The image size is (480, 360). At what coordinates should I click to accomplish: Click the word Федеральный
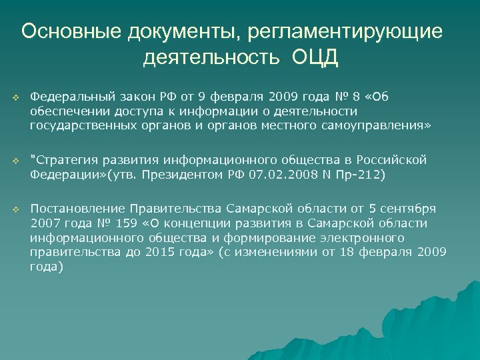(65, 97)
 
